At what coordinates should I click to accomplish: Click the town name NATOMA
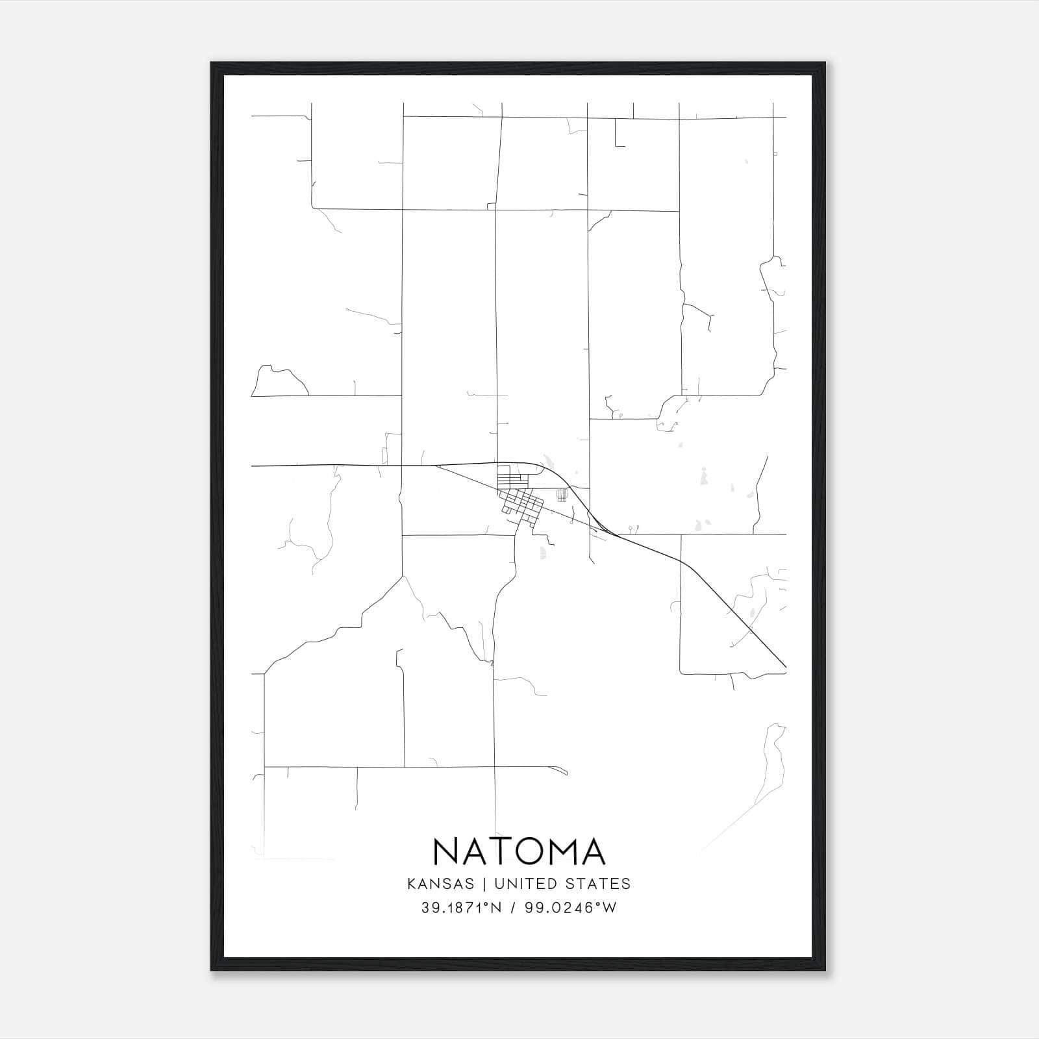click(519, 851)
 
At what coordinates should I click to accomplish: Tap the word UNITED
click(525, 884)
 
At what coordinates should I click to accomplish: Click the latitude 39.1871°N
click(462, 908)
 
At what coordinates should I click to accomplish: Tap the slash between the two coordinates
click(514, 908)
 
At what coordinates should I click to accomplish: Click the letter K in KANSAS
click(411, 884)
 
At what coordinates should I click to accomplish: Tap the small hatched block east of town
click(562, 495)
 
